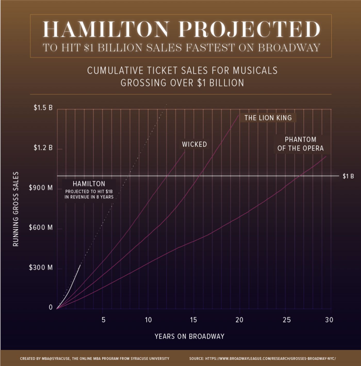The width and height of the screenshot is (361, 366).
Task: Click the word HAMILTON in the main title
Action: (x=106, y=29)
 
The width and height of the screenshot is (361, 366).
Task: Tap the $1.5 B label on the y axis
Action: (x=43, y=108)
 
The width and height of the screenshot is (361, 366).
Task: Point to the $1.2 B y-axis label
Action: (x=43, y=148)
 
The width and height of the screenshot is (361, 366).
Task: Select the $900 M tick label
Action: (x=41, y=188)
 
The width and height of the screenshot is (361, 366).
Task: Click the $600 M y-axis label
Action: (x=41, y=227)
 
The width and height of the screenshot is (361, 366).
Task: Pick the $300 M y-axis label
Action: (x=41, y=267)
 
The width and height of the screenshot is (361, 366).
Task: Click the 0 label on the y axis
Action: (x=51, y=307)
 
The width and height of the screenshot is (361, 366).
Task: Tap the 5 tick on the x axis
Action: (x=103, y=320)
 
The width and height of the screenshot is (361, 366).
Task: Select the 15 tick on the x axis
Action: (x=193, y=320)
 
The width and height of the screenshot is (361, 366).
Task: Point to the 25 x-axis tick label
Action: (x=286, y=320)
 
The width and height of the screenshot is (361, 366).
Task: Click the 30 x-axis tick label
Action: (x=329, y=320)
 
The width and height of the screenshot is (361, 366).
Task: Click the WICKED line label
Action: (x=194, y=144)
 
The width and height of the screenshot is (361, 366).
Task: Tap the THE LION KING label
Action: (x=268, y=118)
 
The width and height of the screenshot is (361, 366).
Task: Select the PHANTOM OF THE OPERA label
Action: (x=300, y=144)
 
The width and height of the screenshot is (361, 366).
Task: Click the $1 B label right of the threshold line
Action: (x=348, y=176)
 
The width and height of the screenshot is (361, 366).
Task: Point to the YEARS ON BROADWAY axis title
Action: (x=190, y=336)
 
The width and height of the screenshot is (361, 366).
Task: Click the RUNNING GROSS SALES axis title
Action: (x=16, y=209)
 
